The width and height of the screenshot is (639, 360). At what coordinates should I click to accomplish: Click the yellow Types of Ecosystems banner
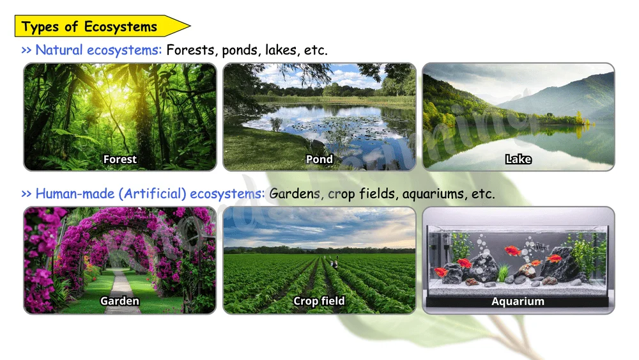tap(102, 26)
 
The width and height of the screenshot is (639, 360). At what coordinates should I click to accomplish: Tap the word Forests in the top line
tap(190, 50)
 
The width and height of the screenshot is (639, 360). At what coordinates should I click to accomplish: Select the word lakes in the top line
tap(281, 50)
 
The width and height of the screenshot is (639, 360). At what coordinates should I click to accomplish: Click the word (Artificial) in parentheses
tap(152, 194)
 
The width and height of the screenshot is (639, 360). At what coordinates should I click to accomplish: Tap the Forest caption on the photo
tap(120, 159)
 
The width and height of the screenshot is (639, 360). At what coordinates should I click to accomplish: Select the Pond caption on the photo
tap(319, 159)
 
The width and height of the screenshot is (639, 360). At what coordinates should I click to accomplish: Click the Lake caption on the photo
tap(518, 159)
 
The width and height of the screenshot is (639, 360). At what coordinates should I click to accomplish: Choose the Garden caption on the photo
tap(120, 301)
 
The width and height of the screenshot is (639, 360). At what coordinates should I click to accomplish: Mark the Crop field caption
tap(319, 301)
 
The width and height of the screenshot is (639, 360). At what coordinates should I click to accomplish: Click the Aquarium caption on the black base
tap(518, 301)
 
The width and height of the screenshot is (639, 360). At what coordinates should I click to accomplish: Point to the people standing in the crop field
tap(334, 263)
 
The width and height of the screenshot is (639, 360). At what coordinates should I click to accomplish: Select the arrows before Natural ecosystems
tap(26, 51)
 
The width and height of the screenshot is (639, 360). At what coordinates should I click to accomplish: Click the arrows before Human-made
tap(26, 194)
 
